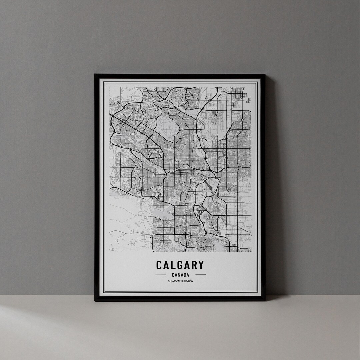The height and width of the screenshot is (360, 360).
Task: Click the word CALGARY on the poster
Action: pyautogui.click(x=180, y=265)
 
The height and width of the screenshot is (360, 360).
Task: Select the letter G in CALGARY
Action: pyautogui.click(x=180, y=265)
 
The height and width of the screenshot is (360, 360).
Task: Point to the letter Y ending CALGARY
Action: pyautogui.click(x=200, y=265)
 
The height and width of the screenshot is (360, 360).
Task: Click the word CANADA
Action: pyautogui.click(x=180, y=275)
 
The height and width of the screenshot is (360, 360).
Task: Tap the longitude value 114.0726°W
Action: pyautogui.click(x=187, y=281)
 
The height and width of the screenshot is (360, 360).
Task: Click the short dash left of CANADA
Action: pyautogui.click(x=161, y=275)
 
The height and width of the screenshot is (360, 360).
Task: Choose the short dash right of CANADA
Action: pyautogui.click(x=200, y=275)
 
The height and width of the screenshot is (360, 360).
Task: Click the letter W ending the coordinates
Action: pyautogui.click(x=192, y=281)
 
